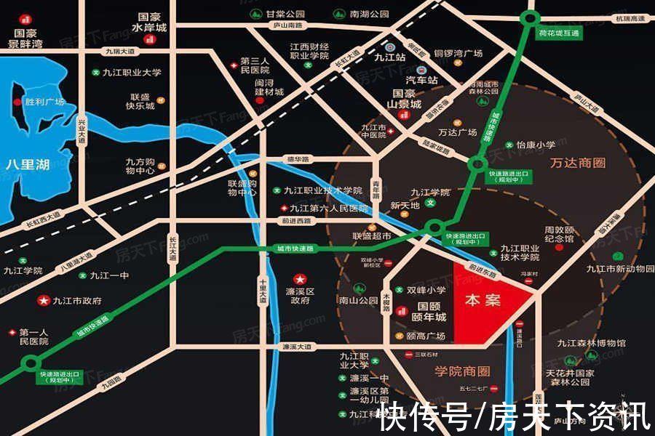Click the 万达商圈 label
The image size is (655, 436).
point(579,163)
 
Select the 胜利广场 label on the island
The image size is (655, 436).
point(44,102)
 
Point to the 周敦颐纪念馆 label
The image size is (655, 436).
point(560,234)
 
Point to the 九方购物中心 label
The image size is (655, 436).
point(140,166)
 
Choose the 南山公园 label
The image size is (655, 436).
point(358,299)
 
